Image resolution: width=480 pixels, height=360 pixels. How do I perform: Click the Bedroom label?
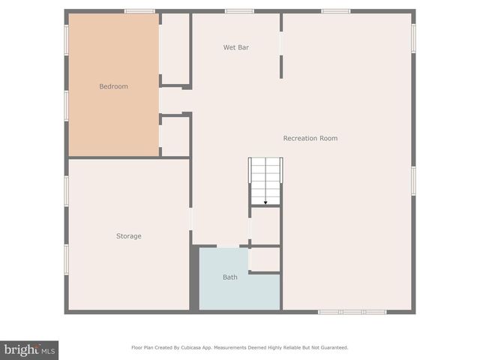(x=113, y=86)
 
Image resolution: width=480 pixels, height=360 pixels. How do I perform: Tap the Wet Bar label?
(x=235, y=47)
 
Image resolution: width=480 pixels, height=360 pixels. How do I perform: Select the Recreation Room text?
(x=310, y=138)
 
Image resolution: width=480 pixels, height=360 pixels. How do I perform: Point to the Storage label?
(x=128, y=236)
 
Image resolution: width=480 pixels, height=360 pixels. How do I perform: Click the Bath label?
(x=229, y=277)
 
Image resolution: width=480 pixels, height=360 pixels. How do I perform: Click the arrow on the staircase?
(x=265, y=200)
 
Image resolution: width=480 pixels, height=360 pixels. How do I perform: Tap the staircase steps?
(x=265, y=176)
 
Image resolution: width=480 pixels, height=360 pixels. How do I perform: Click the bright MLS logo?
(x=29, y=349)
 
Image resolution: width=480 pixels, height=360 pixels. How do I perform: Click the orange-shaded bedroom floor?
(x=112, y=120)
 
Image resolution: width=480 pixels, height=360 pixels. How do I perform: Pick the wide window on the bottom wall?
(x=352, y=311)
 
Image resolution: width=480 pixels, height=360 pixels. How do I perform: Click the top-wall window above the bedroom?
(x=139, y=11)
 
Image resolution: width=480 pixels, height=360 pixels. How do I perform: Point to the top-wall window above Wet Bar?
(x=239, y=11)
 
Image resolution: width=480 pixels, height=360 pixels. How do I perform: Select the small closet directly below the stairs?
(x=265, y=225)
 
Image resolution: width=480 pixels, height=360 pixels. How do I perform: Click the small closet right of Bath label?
(x=265, y=259)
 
